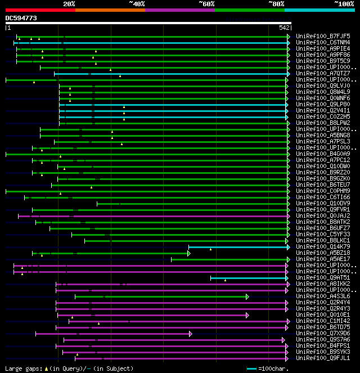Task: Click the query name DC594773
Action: (21, 18)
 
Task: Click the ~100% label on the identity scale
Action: (344, 3)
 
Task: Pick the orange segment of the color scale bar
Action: (110, 10)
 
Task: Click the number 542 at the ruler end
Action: (284, 28)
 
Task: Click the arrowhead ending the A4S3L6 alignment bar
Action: (247, 296)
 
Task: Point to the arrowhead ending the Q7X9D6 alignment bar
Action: (191, 333)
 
